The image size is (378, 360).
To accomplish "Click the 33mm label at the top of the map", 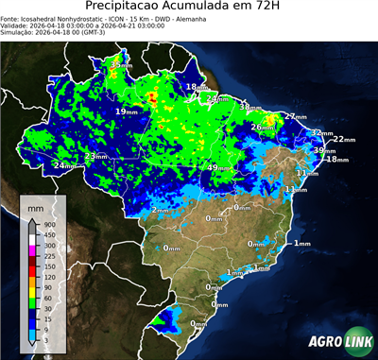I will pyautogui.click(x=120, y=64).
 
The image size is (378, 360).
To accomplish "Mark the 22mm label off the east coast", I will pyautogui.click(x=345, y=139).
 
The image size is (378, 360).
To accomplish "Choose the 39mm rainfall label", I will pyautogui.click(x=325, y=150).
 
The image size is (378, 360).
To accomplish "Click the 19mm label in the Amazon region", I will pyautogui.click(x=126, y=111).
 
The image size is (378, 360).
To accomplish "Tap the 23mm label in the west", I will pyautogui.click(x=95, y=156).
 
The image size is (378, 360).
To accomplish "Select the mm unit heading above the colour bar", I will pyautogui.click(x=36, y=205).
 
